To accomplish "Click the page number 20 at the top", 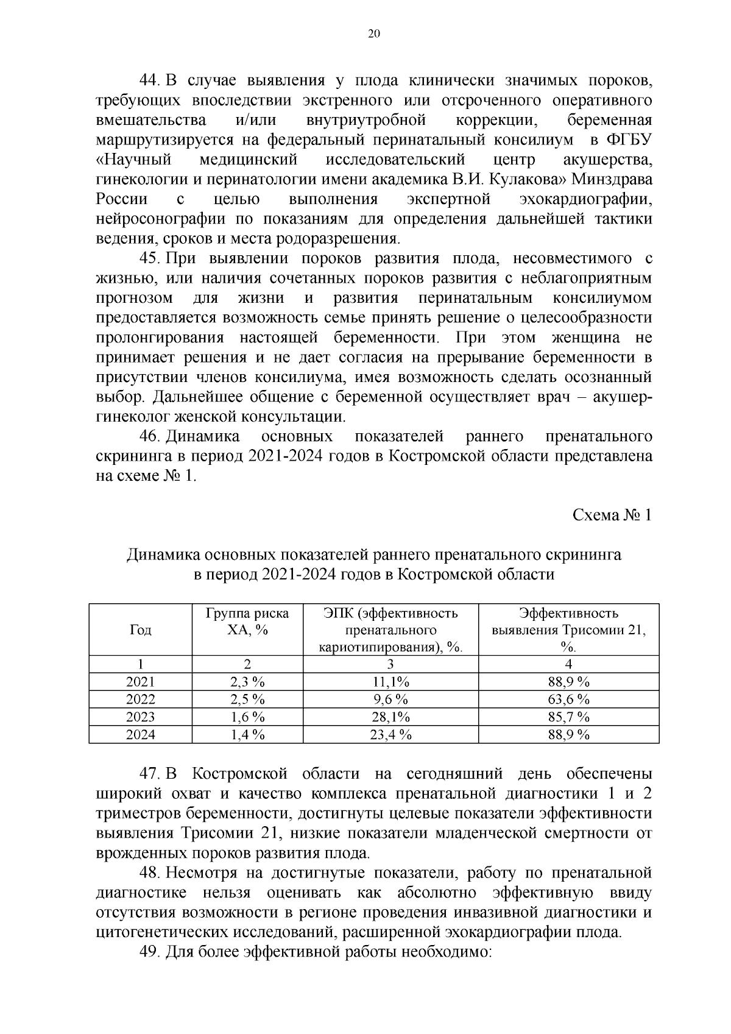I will (x=374, y=34).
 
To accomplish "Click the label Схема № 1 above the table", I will (x=612, y=515).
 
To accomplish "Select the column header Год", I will (x=140, y=630).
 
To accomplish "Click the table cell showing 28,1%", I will (x=390, y=717).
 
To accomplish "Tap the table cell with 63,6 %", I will (x=568, y=699).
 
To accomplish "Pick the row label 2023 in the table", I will (x=140, y=717).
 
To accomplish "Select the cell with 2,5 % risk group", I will (x=247, y=699).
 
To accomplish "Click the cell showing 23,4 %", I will (x=390, y=735).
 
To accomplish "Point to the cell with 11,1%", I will (x=390, y=682).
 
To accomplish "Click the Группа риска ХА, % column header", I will (x=247, y=621).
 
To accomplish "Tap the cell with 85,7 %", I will (x=568, y=717).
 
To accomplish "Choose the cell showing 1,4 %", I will (x=247, y=735).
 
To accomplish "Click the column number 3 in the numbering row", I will (x=390, y=664).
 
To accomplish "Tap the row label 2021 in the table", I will (x=140, y=682).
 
